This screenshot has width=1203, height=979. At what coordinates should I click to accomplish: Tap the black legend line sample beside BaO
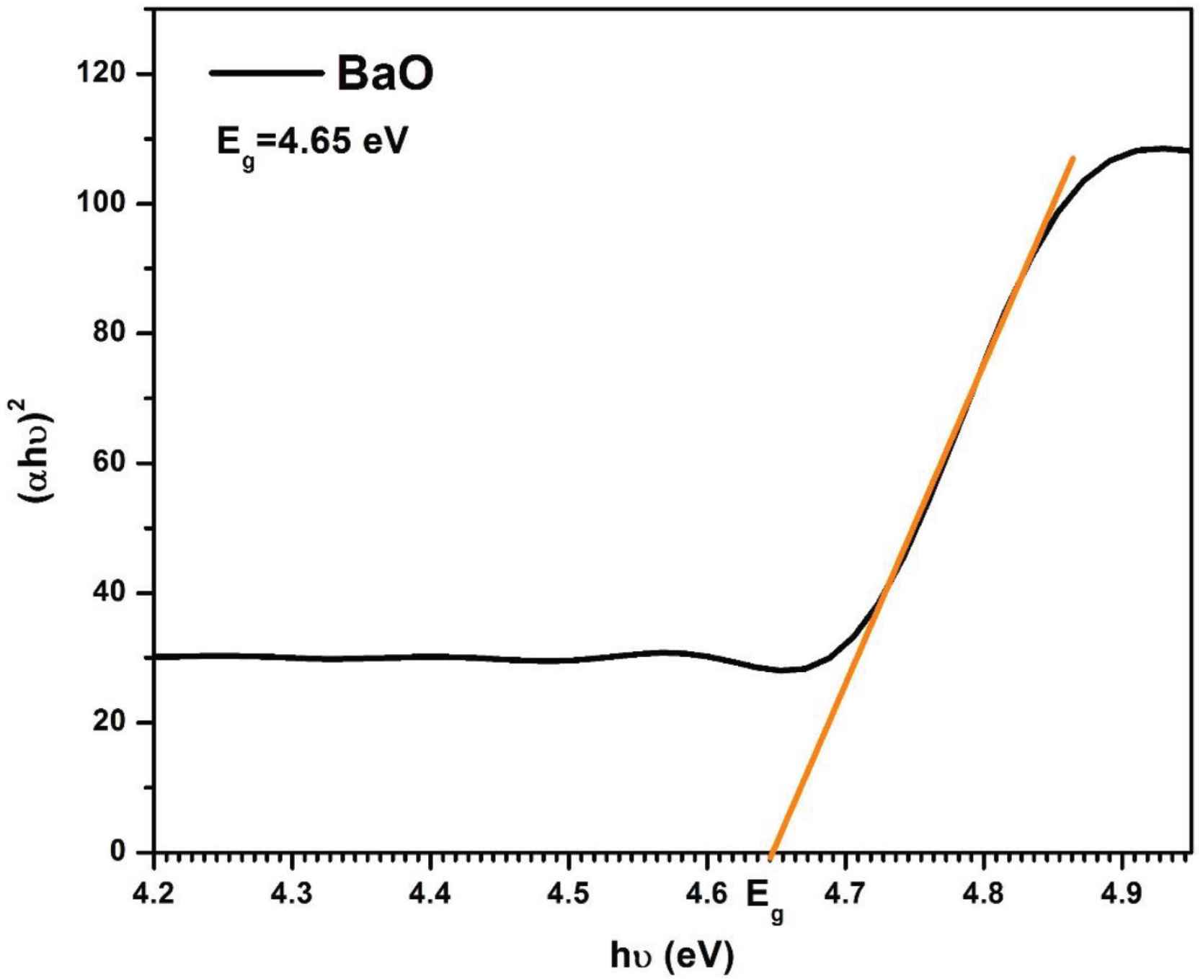click(266, 73)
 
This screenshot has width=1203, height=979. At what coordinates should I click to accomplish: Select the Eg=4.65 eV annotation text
click(312, 143)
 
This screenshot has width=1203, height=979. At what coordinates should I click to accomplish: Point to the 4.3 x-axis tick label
click(292, 895)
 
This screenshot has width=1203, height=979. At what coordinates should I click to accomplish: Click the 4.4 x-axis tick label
click(430, 895)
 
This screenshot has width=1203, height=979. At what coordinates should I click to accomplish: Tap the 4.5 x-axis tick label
click(569, 895)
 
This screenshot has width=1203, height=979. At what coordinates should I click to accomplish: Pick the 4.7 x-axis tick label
click(845, 895)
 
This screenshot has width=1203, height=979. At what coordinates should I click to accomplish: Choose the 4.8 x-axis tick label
click(984, 895)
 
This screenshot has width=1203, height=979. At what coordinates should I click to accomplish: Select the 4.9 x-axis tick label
click(1122, 895)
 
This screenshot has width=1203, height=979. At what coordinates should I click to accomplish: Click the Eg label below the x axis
click(764, 900)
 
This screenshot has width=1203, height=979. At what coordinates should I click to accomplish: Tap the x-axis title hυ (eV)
click(672, 955)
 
